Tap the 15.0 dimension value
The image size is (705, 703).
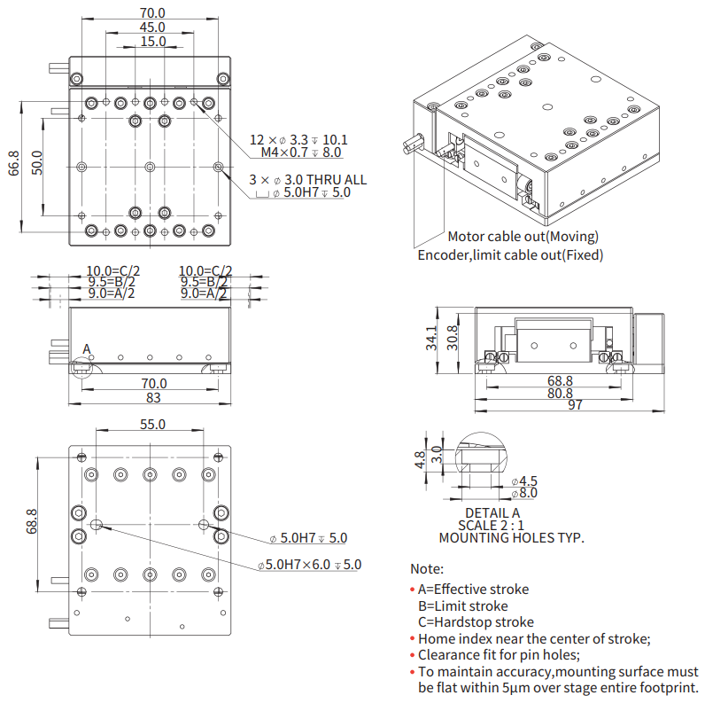point(152,42)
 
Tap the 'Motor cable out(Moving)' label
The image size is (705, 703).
point(523,237)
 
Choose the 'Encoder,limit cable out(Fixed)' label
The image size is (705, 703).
point(510,255)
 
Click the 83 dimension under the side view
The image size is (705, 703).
point(152,398)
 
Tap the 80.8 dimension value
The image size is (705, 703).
point(560,393)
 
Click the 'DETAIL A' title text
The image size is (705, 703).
point(492,512)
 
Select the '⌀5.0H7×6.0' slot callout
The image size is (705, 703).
point(310,565)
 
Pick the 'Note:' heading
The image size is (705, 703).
point(427,569)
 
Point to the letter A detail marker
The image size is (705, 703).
point(87,350)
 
